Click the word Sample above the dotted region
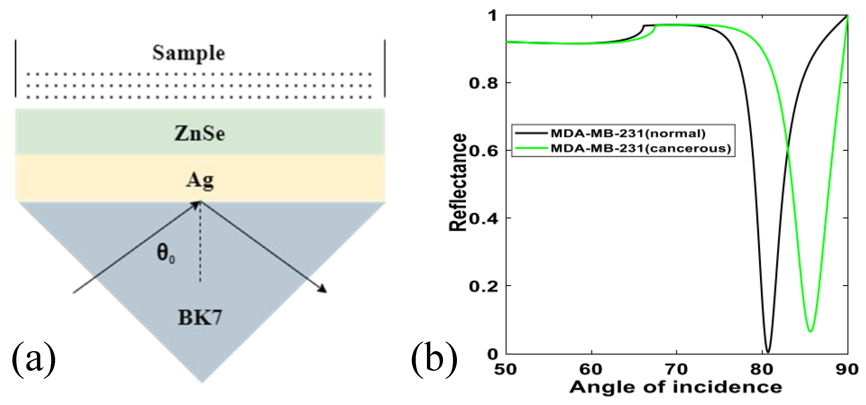188,53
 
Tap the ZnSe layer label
200,134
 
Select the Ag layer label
200,180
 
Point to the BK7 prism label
200,317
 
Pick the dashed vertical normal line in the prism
200,242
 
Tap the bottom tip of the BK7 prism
202,382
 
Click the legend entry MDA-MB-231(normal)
627,133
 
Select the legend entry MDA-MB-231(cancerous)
640,148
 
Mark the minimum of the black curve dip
768,351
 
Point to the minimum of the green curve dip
811,331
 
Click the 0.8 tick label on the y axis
483,83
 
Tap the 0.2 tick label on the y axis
483,286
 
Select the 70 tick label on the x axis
676,369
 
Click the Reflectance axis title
458,183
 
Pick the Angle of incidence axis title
676,387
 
